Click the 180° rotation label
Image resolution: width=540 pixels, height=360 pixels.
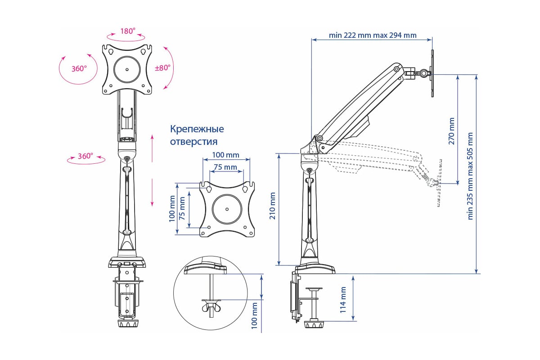click(x=127, y=31)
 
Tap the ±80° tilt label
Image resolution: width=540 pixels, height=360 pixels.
click(x=162, y=68)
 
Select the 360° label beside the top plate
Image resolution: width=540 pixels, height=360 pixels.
click(x=79, y=69)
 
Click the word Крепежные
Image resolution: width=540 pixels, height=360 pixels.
click(x=197, y=129)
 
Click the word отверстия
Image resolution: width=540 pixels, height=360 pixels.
click(x=193, y=142)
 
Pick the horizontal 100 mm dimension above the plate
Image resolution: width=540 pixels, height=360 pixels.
click(x=226, y=155)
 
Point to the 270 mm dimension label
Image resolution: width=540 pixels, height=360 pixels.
click(x=451, y=130)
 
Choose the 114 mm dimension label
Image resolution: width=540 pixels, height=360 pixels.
click(x=343, y=300)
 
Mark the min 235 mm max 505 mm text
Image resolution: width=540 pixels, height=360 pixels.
click(x=471, y=175)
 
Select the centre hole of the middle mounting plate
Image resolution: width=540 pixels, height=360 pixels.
click(x=227, y=209)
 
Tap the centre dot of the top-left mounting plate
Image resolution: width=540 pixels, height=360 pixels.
click(x=127, y=69)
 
